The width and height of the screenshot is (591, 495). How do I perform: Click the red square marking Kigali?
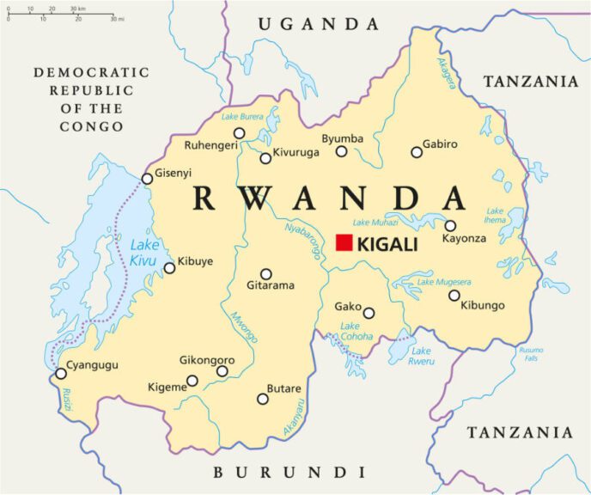pos(344,242)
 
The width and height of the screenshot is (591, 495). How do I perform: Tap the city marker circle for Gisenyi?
pos(147,179)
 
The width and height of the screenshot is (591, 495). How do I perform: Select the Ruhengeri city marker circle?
pos(240,132)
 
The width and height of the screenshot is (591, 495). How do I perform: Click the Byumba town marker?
pos(341,151)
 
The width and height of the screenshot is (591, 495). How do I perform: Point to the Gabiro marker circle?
pos(417,152)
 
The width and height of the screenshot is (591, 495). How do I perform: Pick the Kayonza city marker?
pos(450,226)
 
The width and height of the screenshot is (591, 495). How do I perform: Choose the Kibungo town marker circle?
pos(454,296)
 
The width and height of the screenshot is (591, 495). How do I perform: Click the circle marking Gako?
pos(369,313)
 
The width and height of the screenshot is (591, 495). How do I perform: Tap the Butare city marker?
pos(263,398)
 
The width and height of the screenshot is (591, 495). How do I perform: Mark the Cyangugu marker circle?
pos(61,374)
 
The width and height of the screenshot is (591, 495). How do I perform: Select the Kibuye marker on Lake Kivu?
pos(169,268)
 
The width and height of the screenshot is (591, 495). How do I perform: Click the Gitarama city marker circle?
pos(266,274)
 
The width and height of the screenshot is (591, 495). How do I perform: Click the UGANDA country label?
pos(318,24)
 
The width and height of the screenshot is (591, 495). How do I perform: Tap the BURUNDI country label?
pos(289,472)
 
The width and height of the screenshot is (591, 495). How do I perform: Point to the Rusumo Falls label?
pos(529,353)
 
